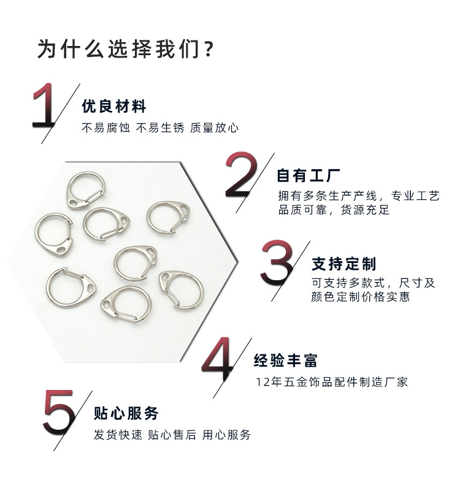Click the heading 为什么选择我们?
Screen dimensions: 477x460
[x=126, y=49]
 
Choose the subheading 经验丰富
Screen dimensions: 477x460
[x=286, y=361]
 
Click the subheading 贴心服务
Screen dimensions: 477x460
[x=126, y=413]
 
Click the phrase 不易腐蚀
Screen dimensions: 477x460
[x=106, y=128]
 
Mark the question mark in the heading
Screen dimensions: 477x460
[x=208, y=49]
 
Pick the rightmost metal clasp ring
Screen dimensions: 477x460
[x=182, y=288]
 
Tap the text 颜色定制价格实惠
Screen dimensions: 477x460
[x=361, y=297]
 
